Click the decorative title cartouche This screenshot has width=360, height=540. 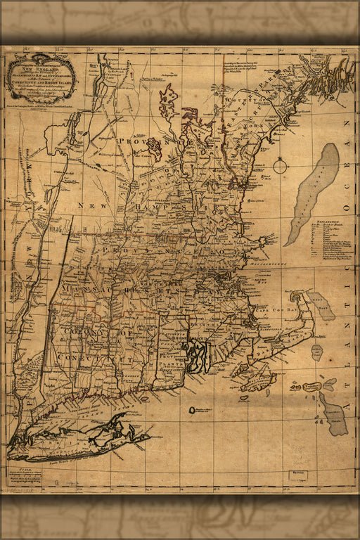41,78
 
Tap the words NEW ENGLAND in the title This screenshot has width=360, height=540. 41,70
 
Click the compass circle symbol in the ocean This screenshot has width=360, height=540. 281,167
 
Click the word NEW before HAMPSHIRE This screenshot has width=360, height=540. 94,205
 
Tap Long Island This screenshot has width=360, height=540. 77,437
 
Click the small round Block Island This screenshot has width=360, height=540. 193,409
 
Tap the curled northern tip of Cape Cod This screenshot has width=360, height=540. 302,297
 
